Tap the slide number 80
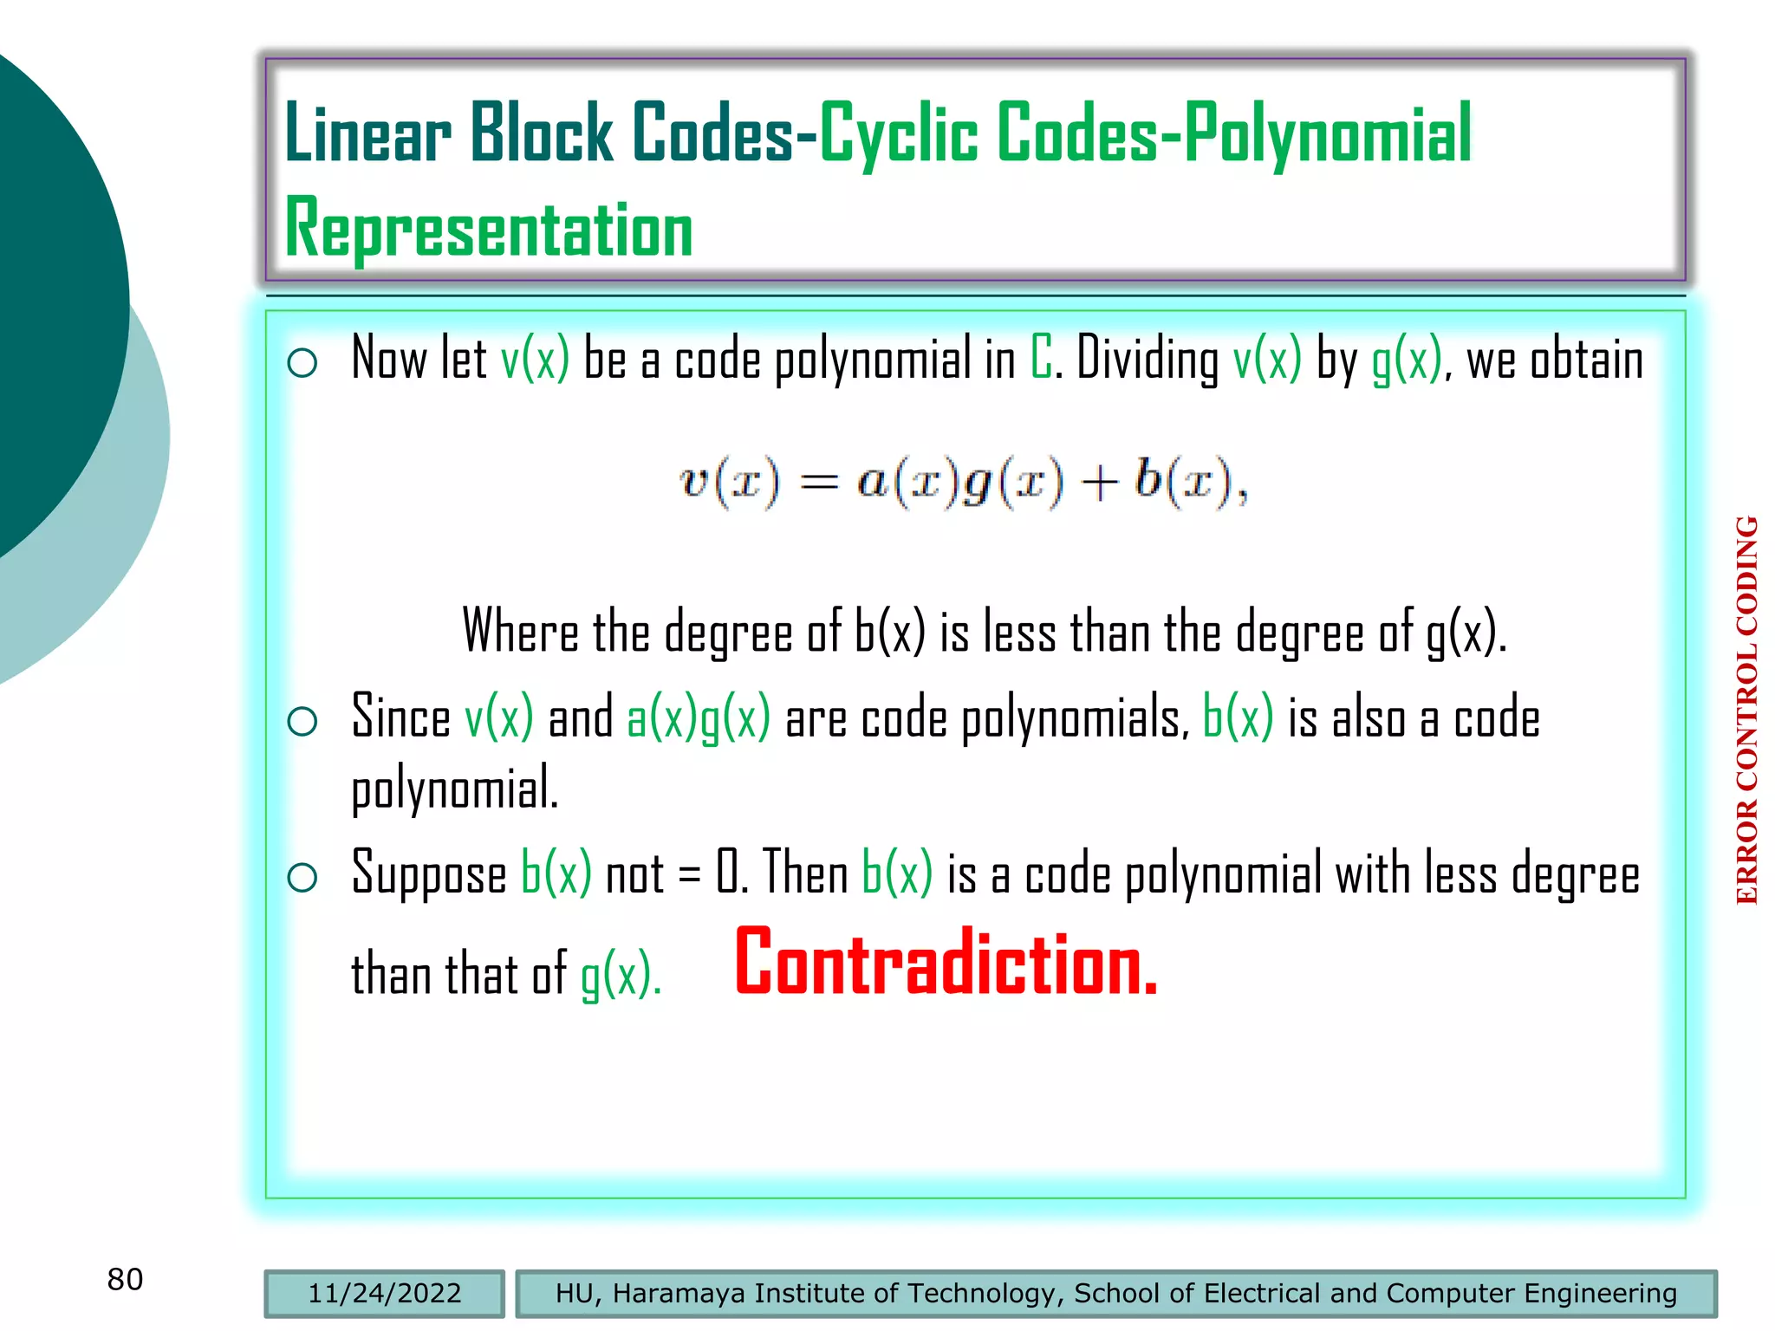[125, 1279]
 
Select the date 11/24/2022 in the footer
[384, 1293]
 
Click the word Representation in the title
[489, 229]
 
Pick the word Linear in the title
[367, 133]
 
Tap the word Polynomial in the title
[1328, 133]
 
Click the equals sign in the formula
[818, 484]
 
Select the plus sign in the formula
[1100, 484]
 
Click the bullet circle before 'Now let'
[302, 362]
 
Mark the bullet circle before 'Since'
[302, 721]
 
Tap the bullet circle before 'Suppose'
[302, 877]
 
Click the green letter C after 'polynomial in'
[1041, 359]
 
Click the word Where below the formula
[520, 631]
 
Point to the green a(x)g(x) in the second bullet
[698, 719]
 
